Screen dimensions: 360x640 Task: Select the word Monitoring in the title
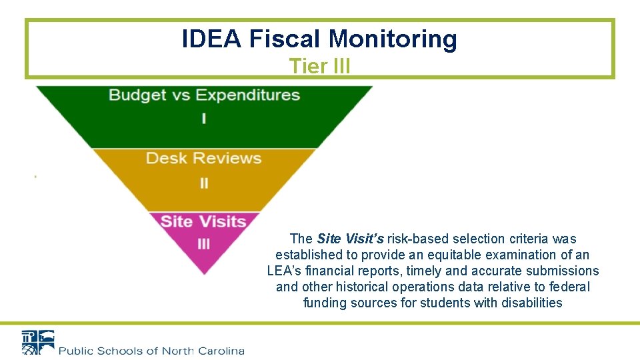point(393,39)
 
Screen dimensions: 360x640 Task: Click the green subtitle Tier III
point(320,66)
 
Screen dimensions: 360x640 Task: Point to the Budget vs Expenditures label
point(204,95)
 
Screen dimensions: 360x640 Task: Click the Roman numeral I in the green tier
point(204,119)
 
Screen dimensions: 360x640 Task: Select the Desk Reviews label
point(203,158)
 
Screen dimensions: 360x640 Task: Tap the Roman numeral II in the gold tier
point(204,183)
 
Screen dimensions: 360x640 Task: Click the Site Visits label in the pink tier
point(203,221)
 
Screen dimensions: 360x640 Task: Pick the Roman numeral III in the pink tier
point(204,245)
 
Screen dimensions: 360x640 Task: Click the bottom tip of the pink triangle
point(204,272)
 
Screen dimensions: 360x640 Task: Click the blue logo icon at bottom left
point(37,343)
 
